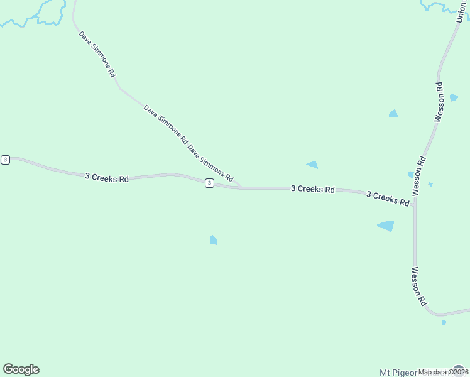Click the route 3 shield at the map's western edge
tap(5, 160)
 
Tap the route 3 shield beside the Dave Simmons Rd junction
tap(209, 183)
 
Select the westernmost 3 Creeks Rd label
tap(107, 178)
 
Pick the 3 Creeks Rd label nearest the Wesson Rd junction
tap(388, 198)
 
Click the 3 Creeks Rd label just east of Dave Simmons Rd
tap(312, 188)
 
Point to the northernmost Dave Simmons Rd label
tap(97, 54)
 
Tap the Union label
tap(462, 13)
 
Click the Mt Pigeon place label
tap(398, 372)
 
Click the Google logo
tap(21, 369)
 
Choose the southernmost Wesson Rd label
tap(418, 287)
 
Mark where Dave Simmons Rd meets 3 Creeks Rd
tap(239, 187)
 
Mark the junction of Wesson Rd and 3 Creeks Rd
tap(414, 202)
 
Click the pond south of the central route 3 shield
tap(213, 240)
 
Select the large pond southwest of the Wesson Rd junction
tap(386, 226)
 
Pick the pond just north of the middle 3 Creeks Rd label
tap(312, 165)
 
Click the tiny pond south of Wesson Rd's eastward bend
tap(444, 322)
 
